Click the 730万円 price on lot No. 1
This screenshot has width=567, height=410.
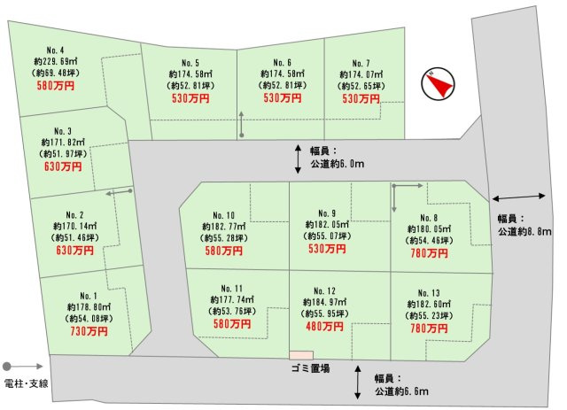[x=89, y=331]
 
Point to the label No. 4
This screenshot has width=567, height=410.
[x=56, y=50]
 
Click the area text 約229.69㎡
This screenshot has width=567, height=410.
[x=56, y=61]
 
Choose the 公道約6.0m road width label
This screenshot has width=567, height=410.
[x=338, y=163]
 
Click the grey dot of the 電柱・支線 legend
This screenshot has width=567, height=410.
[x=7, y=365]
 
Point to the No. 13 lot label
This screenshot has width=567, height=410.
[x=429, y=291]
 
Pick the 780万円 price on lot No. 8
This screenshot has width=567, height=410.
[x=429, y=251]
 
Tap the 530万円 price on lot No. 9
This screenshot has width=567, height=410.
[x=328, y=250]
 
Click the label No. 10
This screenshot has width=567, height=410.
[x=224, y=216]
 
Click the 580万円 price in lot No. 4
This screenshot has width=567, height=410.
[x=56, y=86]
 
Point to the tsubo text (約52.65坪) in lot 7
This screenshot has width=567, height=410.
[x=361, y=86]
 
